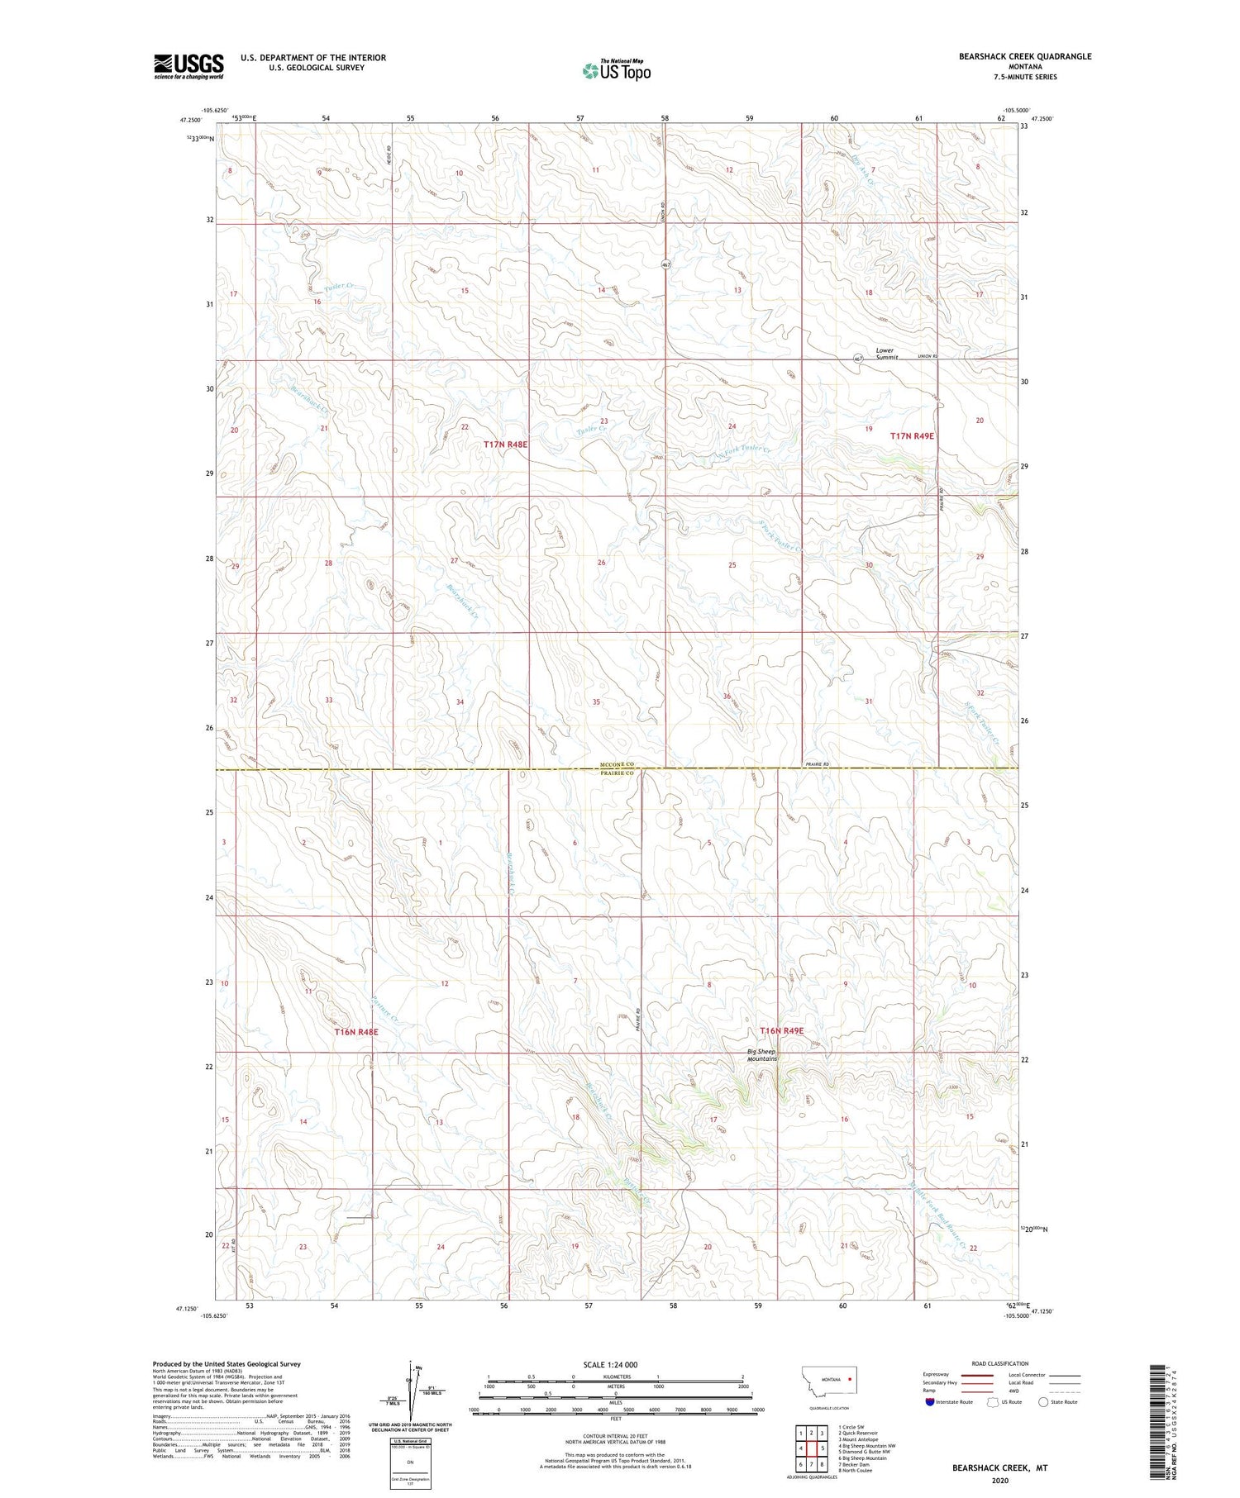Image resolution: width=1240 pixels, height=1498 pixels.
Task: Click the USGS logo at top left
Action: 188,66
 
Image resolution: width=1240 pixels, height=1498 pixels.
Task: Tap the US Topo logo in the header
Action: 617,71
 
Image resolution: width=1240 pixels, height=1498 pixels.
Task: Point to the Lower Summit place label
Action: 886,354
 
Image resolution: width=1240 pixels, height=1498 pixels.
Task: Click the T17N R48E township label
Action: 505,445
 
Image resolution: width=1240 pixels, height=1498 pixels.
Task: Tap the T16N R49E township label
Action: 781,1031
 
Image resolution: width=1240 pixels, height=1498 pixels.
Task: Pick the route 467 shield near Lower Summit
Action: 858,358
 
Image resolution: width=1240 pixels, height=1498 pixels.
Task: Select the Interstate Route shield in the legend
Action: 929,1401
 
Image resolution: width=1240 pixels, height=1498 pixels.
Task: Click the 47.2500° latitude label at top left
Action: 192,119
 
